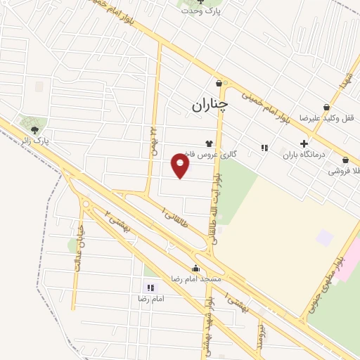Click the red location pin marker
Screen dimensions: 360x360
(181, 165)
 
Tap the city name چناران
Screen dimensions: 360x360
(210, 105)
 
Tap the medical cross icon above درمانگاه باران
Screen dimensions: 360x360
(304, 143)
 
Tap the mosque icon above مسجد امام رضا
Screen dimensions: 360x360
(195, 268)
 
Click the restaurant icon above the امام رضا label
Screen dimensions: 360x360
(150, 287)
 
